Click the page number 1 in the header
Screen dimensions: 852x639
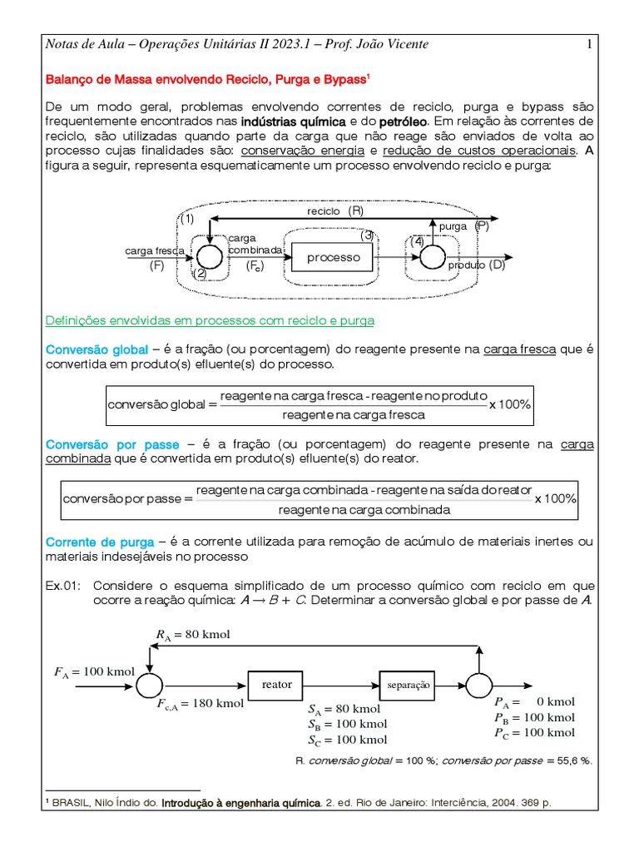click(589, 44)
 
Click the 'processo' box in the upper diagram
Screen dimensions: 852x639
click(334, 258)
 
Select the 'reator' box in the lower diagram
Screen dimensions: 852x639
click(277, 685)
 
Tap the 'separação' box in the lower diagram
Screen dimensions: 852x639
click(408, 685)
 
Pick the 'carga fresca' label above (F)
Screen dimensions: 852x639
click(155, 250)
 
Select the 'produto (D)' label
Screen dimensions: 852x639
click(476, 265)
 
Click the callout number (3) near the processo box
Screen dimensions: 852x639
click(368, 235)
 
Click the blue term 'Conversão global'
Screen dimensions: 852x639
click(97, 349)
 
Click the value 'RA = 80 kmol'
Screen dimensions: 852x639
click(192, 635)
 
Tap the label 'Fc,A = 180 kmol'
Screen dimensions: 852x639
click(200, 704)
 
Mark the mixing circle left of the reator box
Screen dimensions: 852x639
click(149, 686)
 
